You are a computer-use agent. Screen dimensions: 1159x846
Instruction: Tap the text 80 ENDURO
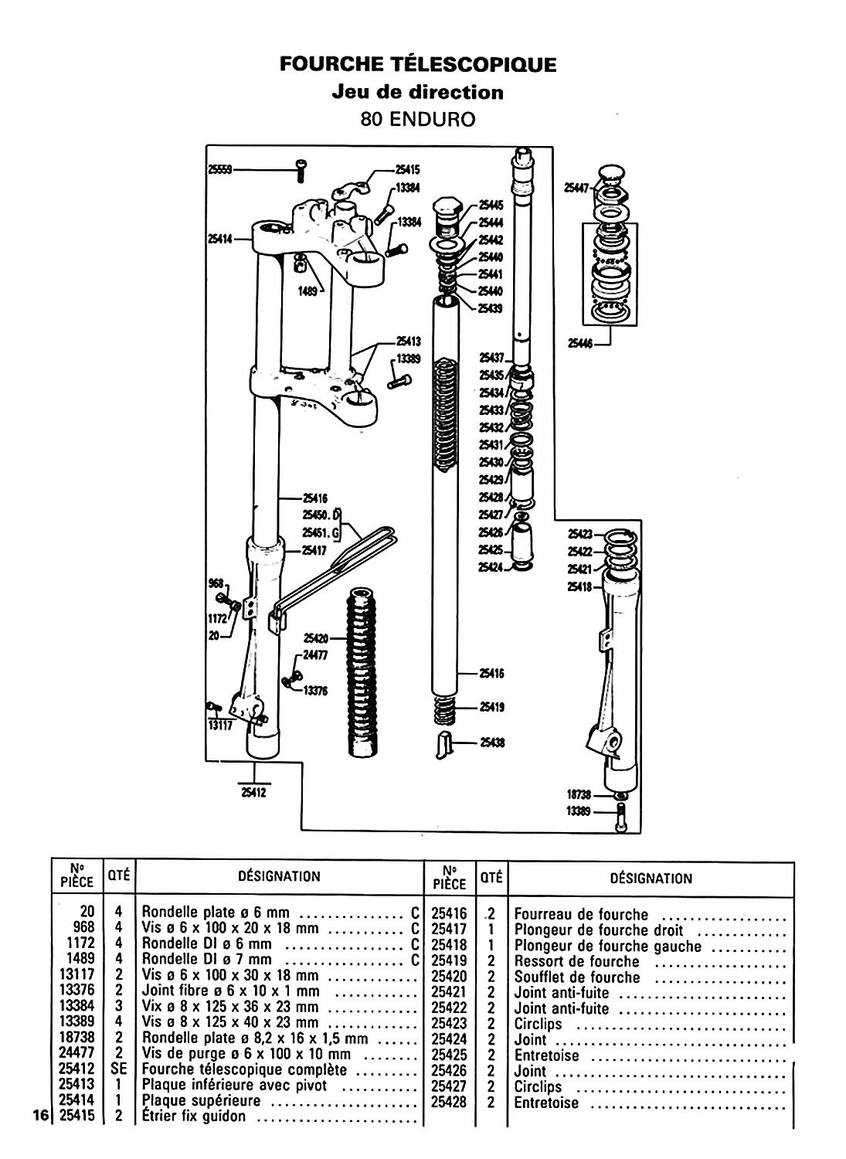click(417, 120)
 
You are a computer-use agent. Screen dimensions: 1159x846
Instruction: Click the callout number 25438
click(491, 743)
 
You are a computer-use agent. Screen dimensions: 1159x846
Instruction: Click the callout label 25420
click(317, 638)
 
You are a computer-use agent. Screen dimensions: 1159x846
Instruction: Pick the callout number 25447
click(577, 186)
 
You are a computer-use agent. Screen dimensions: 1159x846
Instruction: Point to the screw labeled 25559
click(301, 170)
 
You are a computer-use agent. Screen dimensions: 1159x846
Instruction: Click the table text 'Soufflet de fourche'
click(577, 977)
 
